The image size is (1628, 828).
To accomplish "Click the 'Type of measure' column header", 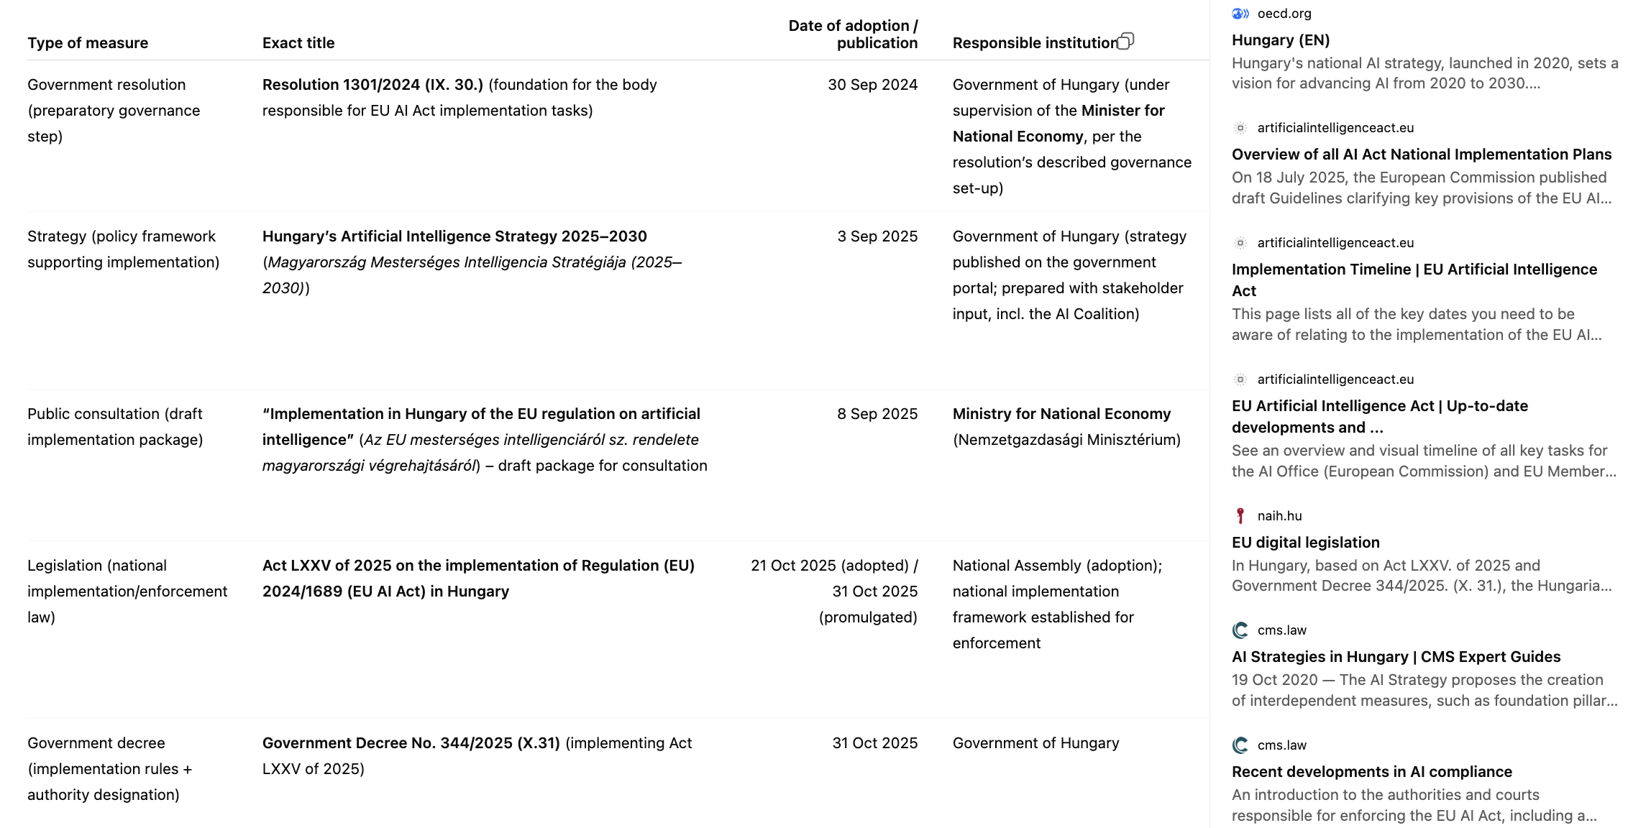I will point(88,43).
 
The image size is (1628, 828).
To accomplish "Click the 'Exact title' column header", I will point(298,43).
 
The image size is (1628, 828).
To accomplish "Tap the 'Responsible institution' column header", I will point(1034,43).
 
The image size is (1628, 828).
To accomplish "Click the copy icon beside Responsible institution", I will point(1126,41).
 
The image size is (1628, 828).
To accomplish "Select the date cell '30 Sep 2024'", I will point(872,85).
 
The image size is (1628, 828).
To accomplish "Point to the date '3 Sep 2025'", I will point(877,236).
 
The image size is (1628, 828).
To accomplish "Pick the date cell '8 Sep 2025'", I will point(877,414).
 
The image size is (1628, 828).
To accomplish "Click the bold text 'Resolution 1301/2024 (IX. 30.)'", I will point(372,85).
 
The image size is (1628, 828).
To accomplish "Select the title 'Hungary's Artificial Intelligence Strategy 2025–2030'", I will point(454,236).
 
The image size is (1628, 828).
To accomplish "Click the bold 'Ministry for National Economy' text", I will point(1061,414).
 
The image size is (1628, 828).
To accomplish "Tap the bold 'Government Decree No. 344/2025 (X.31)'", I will point(411,743).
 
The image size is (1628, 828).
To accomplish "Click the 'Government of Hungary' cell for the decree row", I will point(1035,743).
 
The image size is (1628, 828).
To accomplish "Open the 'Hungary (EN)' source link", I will point(1280,40).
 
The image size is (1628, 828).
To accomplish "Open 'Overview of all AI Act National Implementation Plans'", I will point(1421,155).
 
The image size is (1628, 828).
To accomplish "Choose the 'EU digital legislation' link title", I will point(1305,543).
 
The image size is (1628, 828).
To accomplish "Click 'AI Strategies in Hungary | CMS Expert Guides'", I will point(1396,657).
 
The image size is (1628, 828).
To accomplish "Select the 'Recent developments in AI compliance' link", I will point(1371,772).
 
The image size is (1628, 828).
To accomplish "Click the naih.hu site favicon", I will point(1240,515).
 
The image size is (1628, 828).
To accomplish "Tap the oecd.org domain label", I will point(1284,14).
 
